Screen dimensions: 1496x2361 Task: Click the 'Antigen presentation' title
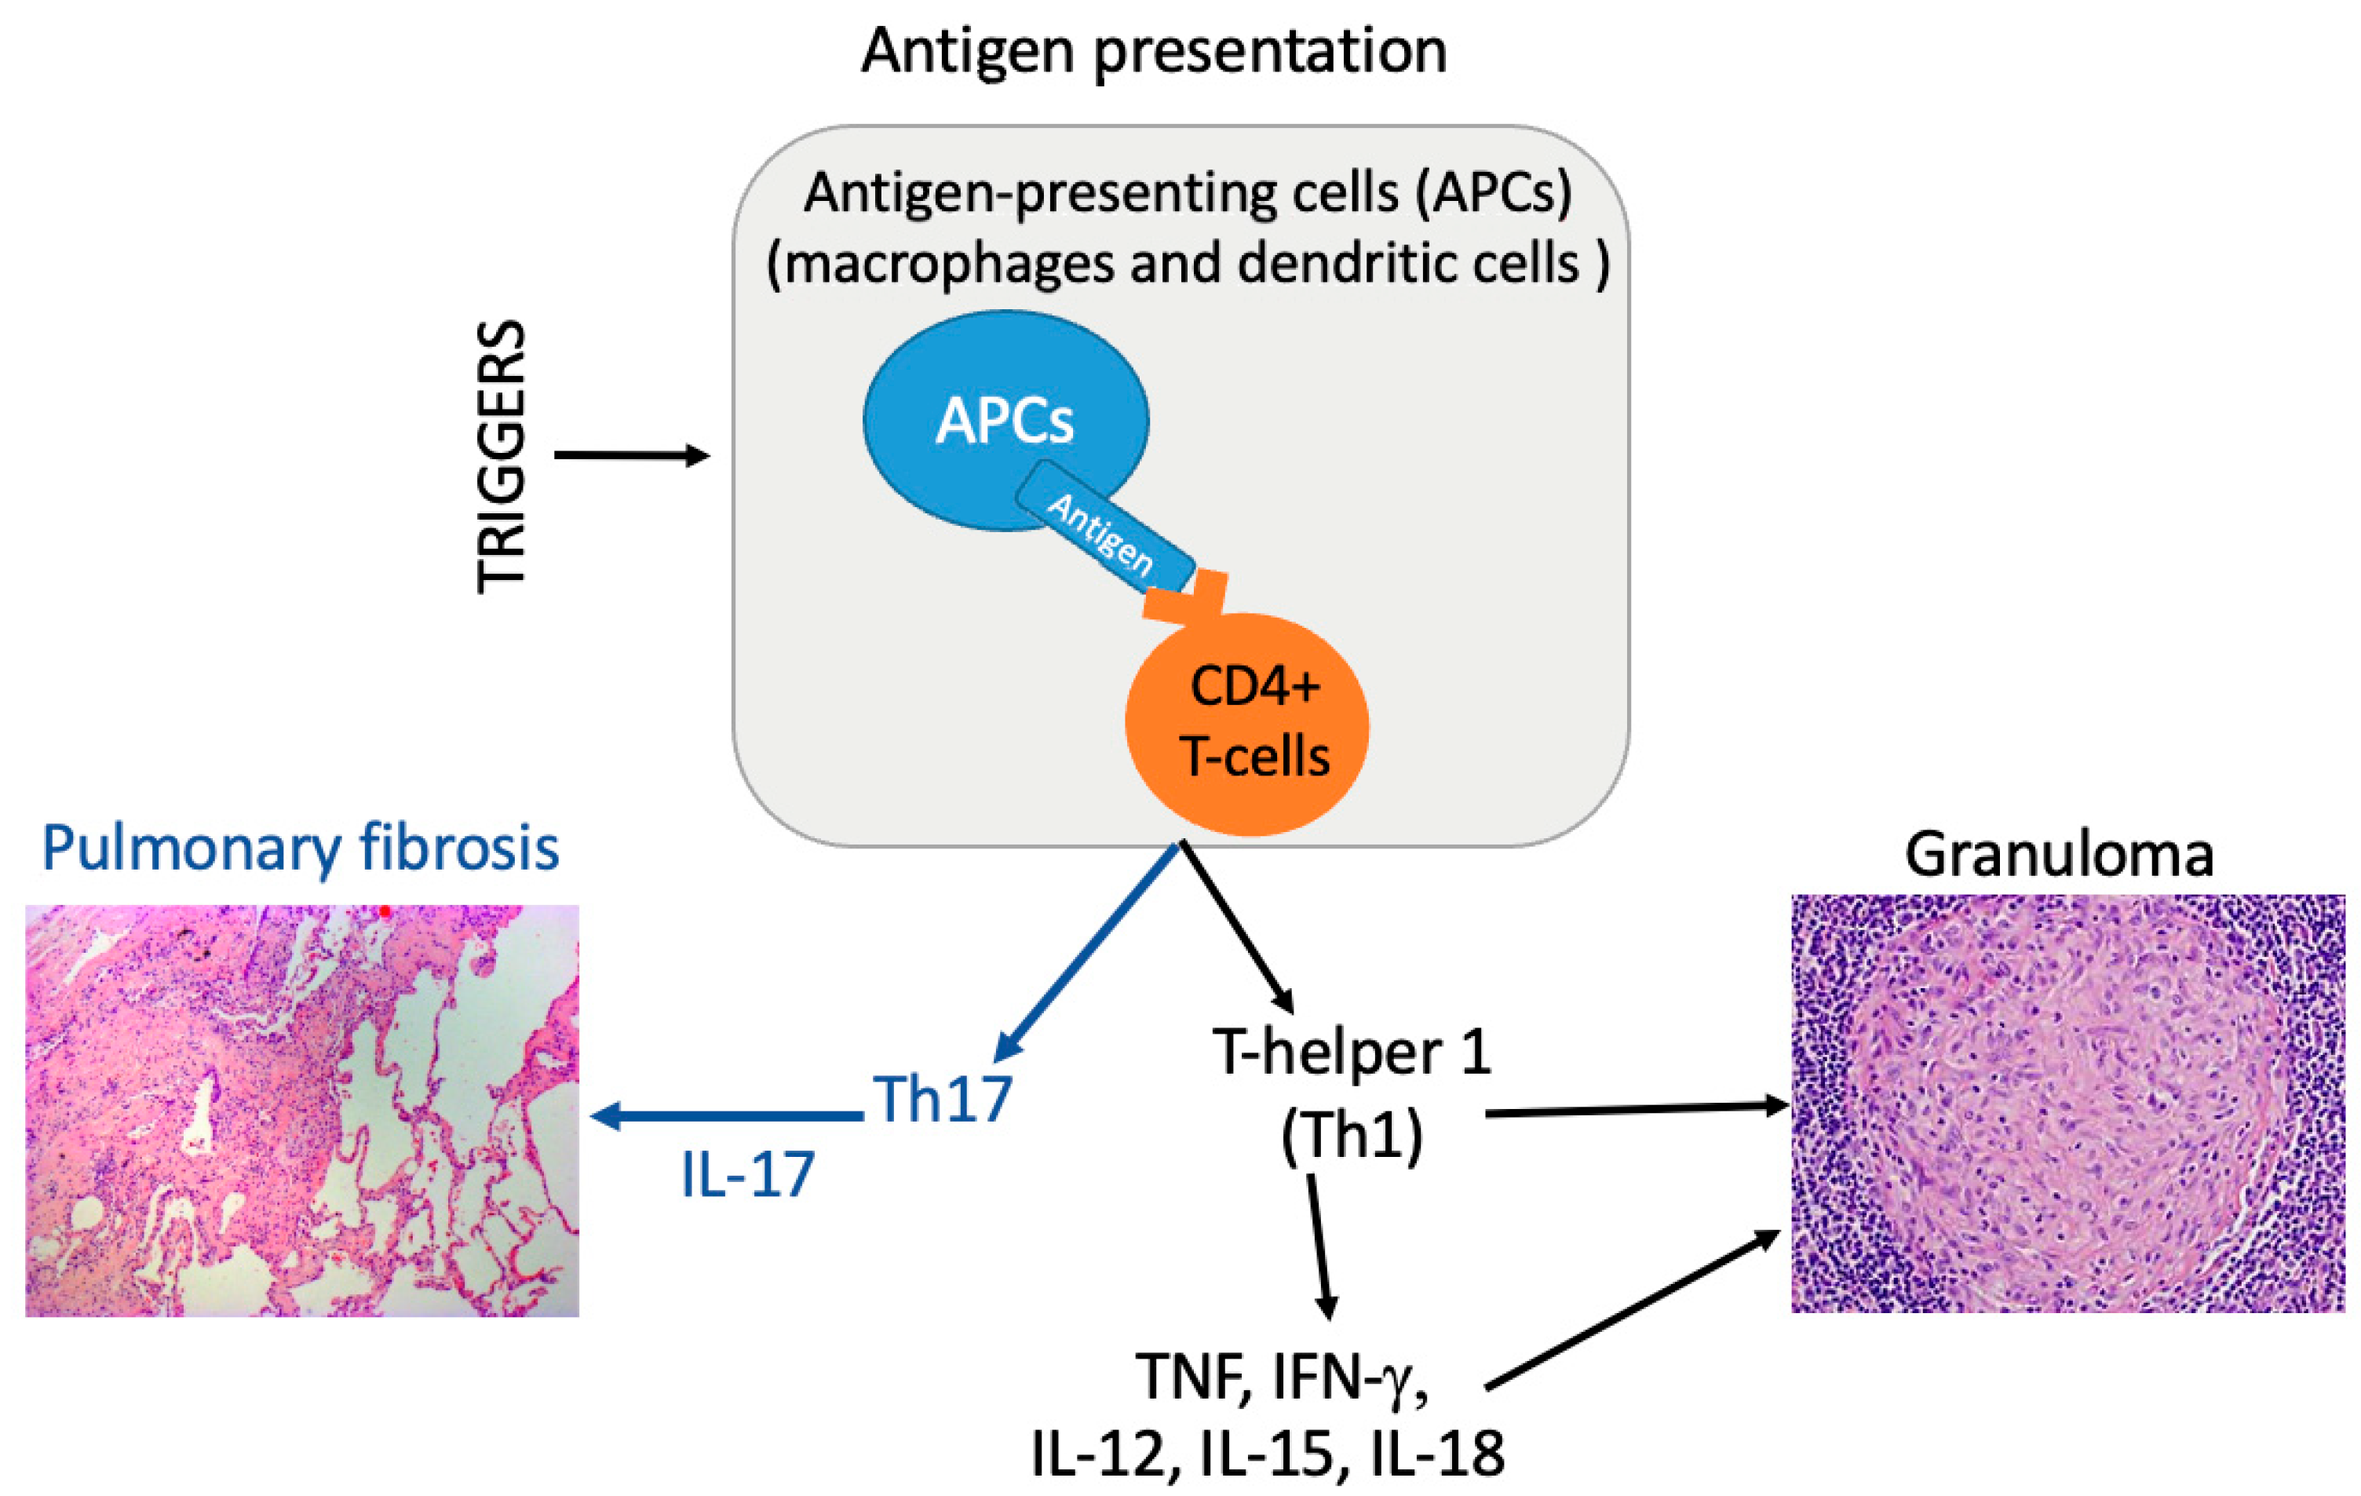click(x=1153, y=51)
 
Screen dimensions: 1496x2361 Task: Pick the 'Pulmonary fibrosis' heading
click(x=300, y=849)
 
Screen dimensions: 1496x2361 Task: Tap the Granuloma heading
click(x=2059, y=855)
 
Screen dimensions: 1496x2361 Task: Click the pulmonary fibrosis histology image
click(x=302, y=1110)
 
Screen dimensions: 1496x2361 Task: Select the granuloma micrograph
click(x=2067, y=1104)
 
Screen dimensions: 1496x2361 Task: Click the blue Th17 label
click(x=941, y=1100)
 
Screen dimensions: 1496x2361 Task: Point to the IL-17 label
click(x=747, y=1174)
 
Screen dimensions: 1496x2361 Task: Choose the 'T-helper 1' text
click(x=1351, y=1053)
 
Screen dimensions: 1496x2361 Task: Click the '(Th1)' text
click(x=1351, y=1137)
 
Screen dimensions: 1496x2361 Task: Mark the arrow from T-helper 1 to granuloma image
click(x=1637, y=1110)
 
